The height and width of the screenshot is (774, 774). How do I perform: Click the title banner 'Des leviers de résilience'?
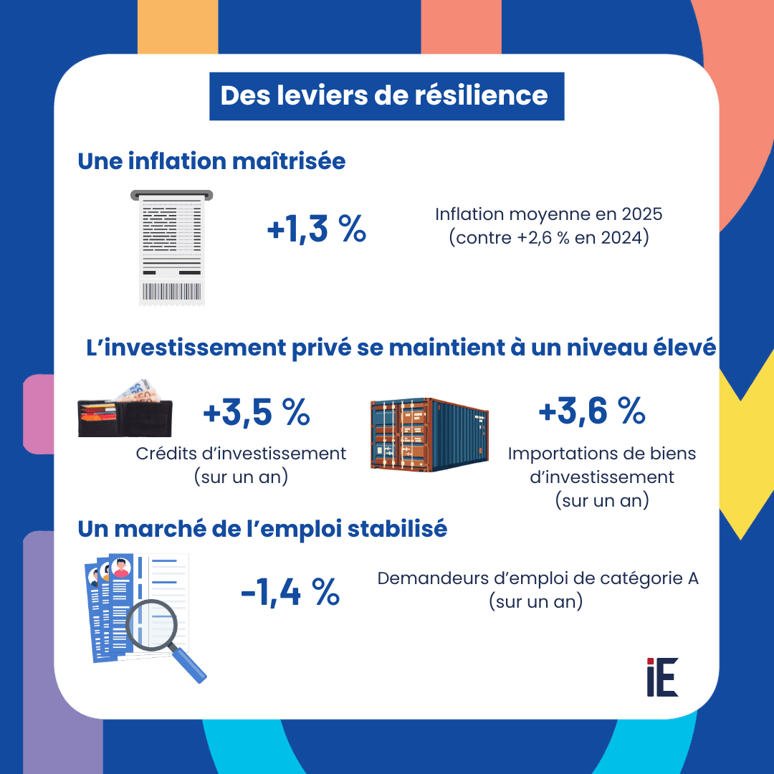(386, 96)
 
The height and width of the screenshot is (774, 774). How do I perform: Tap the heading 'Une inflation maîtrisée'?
(211, 161)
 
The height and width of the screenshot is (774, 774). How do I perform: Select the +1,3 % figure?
(316, 231)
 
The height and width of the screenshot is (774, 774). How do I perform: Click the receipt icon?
(171, 247)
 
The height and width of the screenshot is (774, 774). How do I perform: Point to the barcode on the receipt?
(171, 291)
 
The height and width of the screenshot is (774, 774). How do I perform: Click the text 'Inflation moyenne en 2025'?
(549, 214)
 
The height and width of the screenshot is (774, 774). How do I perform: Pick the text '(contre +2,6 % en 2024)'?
(549, 237)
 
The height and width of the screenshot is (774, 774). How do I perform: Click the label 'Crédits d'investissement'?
(241, 454)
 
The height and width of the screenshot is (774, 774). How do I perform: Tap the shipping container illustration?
(429, 434)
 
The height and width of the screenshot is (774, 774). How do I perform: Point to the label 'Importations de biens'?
(601, 454)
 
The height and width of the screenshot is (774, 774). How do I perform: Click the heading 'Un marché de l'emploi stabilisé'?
(262, 529)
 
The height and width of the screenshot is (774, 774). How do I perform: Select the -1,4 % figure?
(290, 592)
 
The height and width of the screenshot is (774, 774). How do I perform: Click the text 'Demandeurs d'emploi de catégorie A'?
(537, 578)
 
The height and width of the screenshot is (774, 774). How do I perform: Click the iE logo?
(661, 677)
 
